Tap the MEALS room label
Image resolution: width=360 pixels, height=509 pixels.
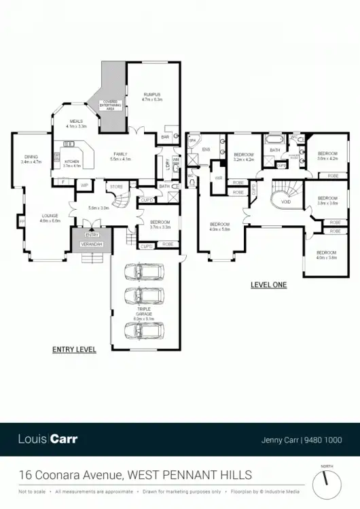[76, 124]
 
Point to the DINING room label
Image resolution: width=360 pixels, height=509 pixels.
[31, 159]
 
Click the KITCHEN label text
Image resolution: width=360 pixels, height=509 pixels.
[72, 163]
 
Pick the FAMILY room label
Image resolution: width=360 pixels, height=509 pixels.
[120, 156]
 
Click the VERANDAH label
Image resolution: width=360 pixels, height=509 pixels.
[91, 242]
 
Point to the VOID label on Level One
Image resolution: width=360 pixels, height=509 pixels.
[286, 202]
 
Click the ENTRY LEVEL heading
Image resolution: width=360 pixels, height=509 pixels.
[74, 350]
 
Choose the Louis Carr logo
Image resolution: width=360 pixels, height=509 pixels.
[48, 439]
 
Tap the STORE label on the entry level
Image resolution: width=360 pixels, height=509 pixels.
[117, 185]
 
